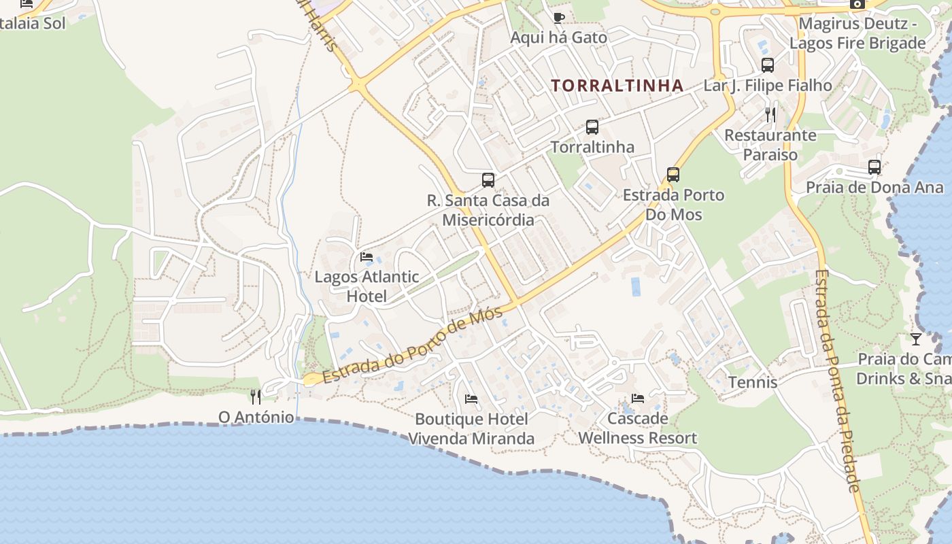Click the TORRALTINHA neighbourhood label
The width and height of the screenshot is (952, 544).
point(617,86)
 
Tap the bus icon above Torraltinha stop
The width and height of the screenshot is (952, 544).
point(592,127)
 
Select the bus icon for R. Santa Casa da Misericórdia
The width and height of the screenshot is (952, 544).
point(488,180)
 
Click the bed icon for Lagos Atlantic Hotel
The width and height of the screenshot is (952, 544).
point(367,257)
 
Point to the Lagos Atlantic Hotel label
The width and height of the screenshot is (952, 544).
point(367,286)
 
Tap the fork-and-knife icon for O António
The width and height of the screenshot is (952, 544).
point(256,396)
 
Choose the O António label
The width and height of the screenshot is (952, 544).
point(256,417)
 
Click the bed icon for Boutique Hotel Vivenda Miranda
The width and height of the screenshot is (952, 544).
point(471,398)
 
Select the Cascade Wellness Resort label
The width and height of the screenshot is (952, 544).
point(638,428)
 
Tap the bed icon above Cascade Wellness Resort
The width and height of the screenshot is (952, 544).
point(638,398)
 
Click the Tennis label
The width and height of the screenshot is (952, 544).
point(753,382)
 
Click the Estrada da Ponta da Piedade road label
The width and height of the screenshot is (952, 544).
point(838,381)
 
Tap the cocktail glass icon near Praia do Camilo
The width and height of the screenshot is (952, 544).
point(916,339)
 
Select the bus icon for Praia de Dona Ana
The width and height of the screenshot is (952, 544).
point(874,167)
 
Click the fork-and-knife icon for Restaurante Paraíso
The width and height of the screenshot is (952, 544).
point(770,114)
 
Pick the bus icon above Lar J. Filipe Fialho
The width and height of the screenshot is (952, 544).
point(768,65)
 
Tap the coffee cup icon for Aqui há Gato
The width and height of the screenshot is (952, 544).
point(559,18)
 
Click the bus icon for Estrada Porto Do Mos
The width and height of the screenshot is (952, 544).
point(673,175)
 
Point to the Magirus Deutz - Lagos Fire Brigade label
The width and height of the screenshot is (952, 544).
point(857,34)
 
